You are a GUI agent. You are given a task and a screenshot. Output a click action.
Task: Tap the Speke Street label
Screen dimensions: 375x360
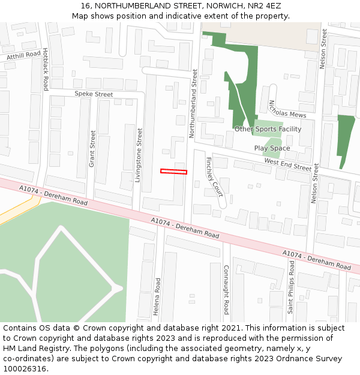click(94, 94)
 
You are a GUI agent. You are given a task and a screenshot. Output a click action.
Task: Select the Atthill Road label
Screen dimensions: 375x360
click(23, 56)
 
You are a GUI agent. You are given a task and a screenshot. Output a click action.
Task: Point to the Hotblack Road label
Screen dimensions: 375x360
click(45, 70)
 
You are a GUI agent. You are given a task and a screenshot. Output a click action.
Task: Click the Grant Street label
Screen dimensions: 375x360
click(92, 148)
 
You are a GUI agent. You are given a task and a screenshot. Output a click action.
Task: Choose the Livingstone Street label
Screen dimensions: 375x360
click(140, 151)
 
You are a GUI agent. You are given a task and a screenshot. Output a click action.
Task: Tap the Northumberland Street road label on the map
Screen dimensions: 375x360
click(194, 103)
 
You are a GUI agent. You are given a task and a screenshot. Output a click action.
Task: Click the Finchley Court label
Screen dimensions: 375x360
click(215, 177)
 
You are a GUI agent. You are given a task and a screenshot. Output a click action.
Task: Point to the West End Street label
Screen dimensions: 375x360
click(288, 165)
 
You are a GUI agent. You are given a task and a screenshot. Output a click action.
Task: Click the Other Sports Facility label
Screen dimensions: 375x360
click(268, 129)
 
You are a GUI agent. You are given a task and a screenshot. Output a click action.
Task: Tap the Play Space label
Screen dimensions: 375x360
click(272, 148)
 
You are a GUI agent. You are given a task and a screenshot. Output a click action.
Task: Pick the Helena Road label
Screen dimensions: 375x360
click(157, 296)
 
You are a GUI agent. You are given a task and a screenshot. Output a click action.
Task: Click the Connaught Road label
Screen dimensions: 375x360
click(226, 289)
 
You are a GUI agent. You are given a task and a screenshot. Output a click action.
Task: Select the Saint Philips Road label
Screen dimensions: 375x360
click(290, 294)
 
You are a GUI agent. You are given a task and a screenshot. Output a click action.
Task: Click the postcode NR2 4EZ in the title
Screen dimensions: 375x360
click(265, 5)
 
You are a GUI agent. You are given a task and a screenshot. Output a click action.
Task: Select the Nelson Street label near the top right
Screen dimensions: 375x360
click(322, 49)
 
